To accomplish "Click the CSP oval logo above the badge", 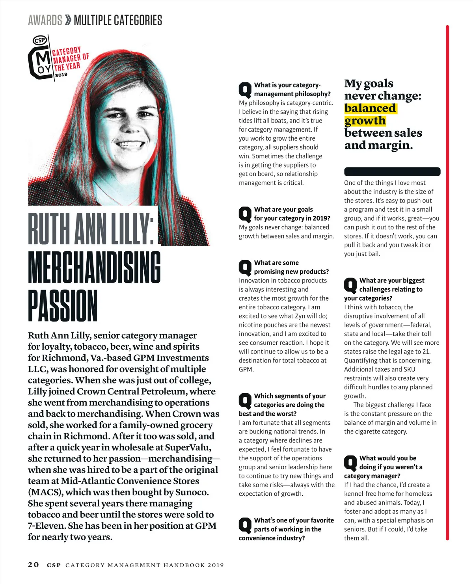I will coord(40,40).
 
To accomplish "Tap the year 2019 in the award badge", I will coord(61,75).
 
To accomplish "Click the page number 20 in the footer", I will coord(34,564).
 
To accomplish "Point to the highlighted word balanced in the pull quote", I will coord(370,108).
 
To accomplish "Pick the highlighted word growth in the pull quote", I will coord(365,121).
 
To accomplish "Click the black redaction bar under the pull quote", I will coord(392,171).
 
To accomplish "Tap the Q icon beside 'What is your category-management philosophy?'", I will coord(245,90).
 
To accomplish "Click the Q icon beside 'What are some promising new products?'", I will coord(245,268).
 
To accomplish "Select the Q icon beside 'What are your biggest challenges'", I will coord(350,285).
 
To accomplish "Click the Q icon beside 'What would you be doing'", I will coord(350,463).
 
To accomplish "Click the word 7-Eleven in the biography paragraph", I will coord(46,526).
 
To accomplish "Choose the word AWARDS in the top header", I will coord(45,20).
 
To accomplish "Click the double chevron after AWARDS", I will coord(68,20).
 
